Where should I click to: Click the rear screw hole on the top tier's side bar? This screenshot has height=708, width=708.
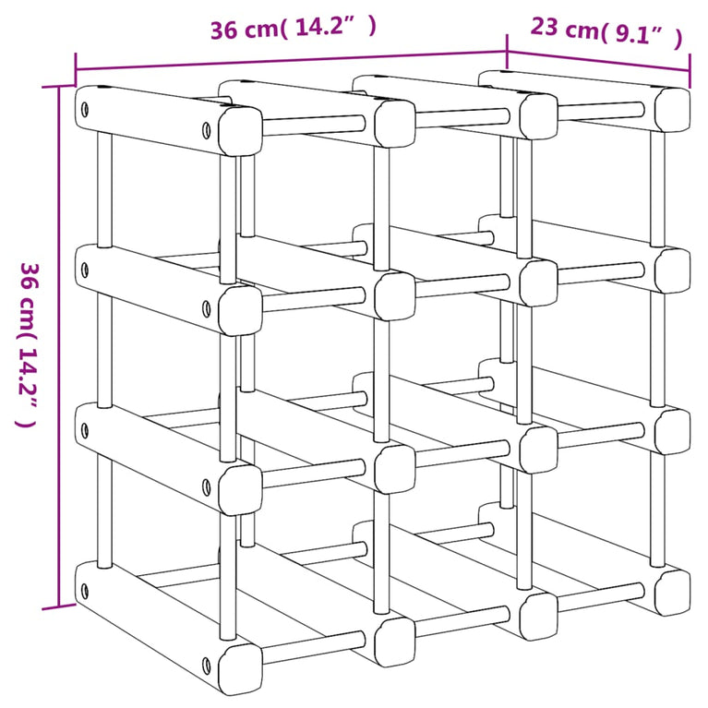(x=85, y=110)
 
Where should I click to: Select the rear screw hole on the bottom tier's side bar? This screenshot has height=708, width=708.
(x=85, y=588)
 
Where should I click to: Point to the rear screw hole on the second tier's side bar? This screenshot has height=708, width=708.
(x=85, y=270)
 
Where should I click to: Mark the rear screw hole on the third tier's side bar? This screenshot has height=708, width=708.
(x=85, y=428)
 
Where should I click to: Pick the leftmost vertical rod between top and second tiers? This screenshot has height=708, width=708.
(x=104, y=189)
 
